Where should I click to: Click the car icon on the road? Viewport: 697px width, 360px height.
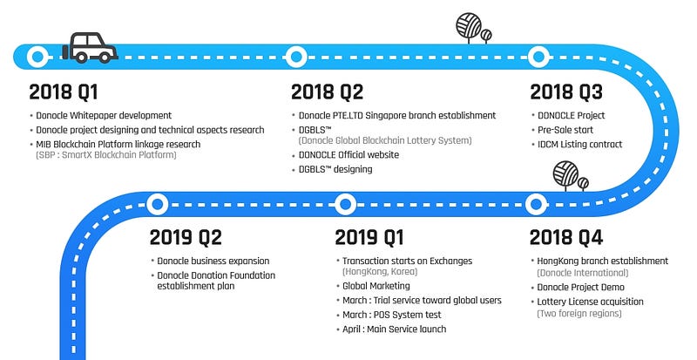pos(90,48)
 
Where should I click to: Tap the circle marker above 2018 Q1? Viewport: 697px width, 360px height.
pos(37,57)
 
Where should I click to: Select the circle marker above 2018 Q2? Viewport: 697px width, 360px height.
pos(296,57)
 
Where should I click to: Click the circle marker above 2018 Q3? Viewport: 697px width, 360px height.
pos(538,57)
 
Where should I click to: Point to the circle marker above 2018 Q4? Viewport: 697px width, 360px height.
pos(536,205)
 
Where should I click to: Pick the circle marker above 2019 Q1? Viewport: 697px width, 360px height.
pos(345,205)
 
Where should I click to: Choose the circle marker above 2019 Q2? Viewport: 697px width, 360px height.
pos(158,205)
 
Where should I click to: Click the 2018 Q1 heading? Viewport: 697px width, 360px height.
pos(63,92)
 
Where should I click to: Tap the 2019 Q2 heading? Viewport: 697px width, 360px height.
pos(186,238)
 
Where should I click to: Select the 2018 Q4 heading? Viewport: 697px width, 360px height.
pos(565,238)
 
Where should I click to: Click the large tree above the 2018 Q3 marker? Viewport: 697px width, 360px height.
pos(469,26)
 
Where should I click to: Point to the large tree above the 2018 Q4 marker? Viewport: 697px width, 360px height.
pos(565,175)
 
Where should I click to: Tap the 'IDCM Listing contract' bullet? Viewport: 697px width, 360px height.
pos(577,144)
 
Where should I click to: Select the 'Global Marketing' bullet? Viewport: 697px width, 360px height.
pos(373,286)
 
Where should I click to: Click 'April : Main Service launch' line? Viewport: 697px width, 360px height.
pos(391,329)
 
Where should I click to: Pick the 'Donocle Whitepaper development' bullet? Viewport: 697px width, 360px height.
pos(100,115)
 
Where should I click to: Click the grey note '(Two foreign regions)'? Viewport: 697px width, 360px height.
pos(579,313)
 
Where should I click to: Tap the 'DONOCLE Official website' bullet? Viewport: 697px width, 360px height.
pos(345,155)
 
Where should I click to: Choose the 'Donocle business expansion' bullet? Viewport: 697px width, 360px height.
pos(210,261)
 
